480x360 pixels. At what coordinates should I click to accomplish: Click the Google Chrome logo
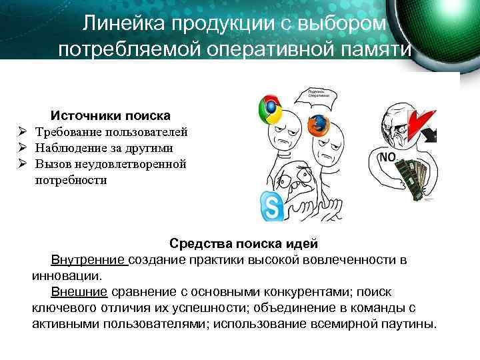[270, 109]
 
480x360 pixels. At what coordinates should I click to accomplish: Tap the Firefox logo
[319, 125]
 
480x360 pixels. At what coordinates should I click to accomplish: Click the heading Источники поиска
[111, 115]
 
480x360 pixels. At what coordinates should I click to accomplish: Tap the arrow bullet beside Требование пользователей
[22, 132]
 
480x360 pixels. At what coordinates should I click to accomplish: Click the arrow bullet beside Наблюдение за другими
[22, 148]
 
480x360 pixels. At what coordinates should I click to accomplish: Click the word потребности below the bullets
[71, 180]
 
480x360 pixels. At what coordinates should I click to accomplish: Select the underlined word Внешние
[79, 291]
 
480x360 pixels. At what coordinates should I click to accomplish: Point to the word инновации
[66, 275]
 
